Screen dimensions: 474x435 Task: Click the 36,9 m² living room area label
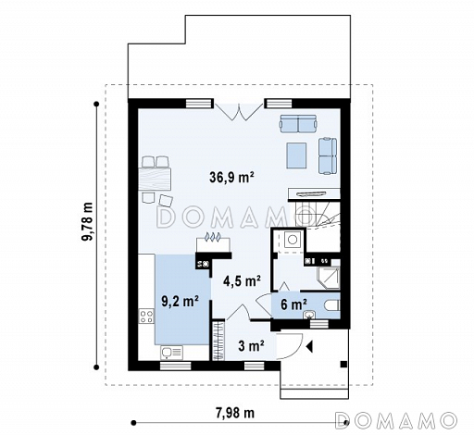pos(231,177)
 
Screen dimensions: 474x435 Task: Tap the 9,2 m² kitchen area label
pos(180,301)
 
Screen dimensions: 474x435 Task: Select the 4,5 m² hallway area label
pos(242,280)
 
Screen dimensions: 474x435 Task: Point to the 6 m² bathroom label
pos(293,304)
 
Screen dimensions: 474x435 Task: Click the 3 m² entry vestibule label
pos(251,346)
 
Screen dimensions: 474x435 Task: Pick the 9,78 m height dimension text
pos(88,221)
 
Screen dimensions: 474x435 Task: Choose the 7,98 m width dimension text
pos(235,413)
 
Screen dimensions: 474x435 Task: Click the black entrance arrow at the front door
pos(309,346)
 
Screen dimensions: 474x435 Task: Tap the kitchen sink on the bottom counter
pos(171,353)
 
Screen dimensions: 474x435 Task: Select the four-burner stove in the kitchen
pos(146,316)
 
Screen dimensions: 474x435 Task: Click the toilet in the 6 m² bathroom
pos(332,305)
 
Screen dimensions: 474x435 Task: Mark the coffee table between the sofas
pos(296,155)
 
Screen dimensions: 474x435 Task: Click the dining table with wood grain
pos(155,179)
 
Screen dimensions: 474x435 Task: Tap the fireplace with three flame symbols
pos(214,242)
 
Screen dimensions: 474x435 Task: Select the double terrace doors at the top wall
pos(239,112)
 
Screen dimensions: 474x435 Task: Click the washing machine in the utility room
pos(293,239)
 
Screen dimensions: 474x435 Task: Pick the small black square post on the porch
pos(343,365)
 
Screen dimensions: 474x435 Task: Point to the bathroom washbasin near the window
pos(308,315)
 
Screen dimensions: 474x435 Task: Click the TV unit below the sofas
pos(314,193)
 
